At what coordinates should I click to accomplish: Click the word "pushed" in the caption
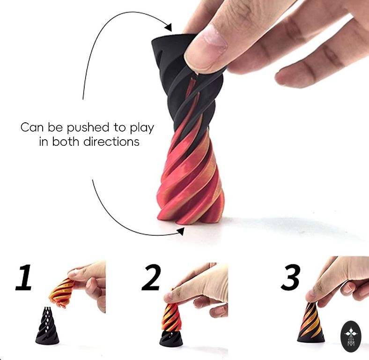click(88, 127)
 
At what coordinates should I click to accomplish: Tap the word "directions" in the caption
click(111, 142)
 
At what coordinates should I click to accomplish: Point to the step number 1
click(24, 277)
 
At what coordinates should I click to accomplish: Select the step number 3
click(291, 277)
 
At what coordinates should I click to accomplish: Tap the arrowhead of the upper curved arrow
click(169, 27)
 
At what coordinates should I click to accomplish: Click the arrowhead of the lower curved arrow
click(181, 232)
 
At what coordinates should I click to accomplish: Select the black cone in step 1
click(47, 325)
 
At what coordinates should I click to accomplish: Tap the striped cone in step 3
click(310, 323)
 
